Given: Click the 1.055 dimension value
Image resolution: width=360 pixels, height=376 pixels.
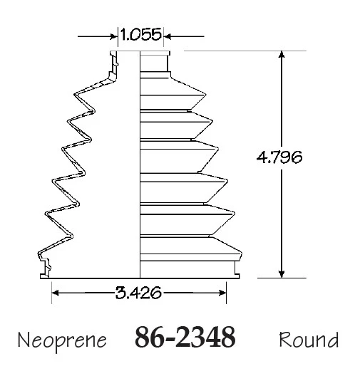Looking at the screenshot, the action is click(140, 34).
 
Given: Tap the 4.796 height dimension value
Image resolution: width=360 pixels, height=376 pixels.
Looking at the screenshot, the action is click(279, 157).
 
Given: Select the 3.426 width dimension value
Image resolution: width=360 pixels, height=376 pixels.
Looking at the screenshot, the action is click(138, 293).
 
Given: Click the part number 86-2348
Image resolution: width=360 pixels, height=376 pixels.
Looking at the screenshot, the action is click(185, 337).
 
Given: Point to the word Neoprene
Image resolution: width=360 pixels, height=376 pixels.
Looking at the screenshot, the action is click(62, 340).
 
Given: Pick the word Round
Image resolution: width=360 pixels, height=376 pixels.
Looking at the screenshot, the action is click(309, 340).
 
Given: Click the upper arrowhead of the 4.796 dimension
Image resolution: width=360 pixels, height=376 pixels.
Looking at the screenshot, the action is click(282, 54).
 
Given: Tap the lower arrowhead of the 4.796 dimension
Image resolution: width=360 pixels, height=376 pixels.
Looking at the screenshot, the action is click(282, 274).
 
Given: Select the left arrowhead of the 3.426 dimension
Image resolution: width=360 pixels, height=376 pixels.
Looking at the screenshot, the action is click(56, 293).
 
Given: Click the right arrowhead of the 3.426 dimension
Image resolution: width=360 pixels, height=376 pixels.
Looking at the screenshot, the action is click(222, 293).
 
